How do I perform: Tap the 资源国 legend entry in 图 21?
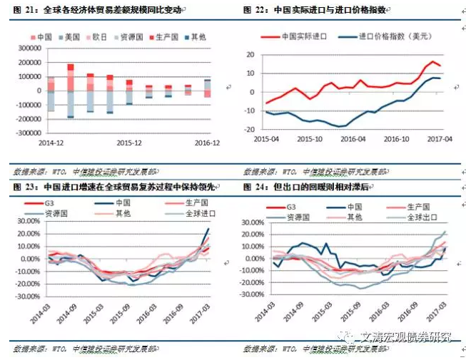tap(133, 36)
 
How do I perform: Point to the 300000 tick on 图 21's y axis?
tap(29, 48)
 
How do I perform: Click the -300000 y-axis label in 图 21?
tap(26, 133)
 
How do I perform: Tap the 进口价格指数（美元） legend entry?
tap(390, 36)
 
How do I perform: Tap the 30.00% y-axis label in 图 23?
tap(28, 222)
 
